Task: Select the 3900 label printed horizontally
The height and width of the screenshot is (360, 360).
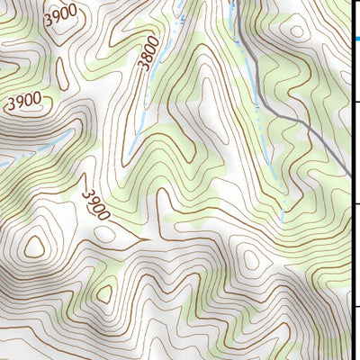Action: pos(24,103)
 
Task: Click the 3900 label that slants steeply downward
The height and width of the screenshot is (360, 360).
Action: pos(94,204)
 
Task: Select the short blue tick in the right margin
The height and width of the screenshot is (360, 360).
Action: pos(356,39)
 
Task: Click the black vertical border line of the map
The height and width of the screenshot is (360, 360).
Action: pos(350,180)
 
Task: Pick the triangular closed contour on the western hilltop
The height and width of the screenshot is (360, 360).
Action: pos(36,245)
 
